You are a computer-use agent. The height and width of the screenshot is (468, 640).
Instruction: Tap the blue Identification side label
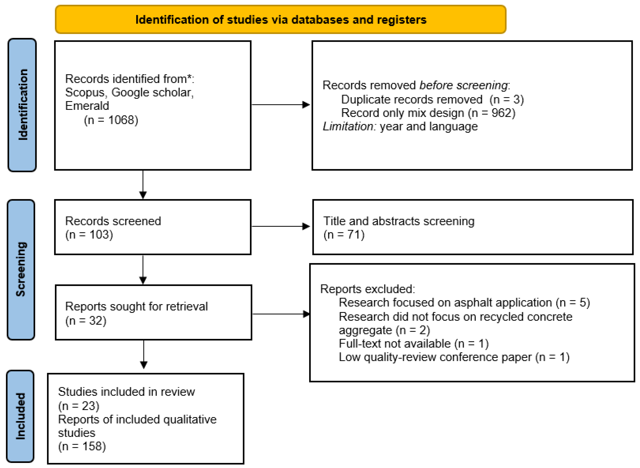(22, 105)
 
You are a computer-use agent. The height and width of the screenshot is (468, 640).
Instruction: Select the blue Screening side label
(21, 270)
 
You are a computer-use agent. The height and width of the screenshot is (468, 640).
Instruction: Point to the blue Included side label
(20, 416)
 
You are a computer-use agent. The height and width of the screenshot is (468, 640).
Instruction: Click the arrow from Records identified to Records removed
(280, 105)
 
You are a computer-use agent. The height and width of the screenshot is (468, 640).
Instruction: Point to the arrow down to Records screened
(143, 184)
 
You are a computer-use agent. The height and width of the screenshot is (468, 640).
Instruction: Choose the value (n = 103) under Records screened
(89, 235)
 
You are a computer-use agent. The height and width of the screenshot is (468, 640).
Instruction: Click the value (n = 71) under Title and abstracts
(344, 235)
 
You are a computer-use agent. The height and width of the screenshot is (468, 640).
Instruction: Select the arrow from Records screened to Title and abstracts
(280, 226)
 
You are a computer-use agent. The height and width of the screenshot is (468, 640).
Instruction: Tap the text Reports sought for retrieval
(136, 307)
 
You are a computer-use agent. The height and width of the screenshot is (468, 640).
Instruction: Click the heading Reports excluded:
(367, 289)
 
